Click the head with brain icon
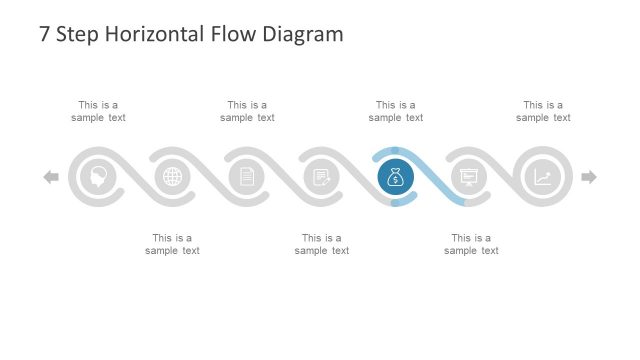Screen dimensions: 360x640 [x=99, y=177]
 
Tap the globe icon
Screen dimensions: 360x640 [x=173, y=177]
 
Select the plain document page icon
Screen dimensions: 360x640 [x=247, y=177]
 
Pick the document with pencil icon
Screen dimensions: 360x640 [x=321, y=177]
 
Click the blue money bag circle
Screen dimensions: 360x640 [x=395, y=177]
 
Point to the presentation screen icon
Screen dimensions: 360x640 [x=468, y=177]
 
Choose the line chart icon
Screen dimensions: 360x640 [x=542, y=177]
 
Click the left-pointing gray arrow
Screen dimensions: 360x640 [x=51, y=177]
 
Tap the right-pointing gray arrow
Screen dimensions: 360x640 [x=589, y=177]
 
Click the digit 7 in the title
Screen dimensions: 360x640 [x=45, y=35]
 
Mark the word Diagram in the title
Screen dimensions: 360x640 [x=302, y=35]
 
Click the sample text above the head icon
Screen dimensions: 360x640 [x=98, y=111]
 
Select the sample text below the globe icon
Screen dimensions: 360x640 [x=172, y=244]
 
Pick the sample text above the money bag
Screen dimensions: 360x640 [x=395, y=111]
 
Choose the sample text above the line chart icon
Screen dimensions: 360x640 [x=543, y=111]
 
